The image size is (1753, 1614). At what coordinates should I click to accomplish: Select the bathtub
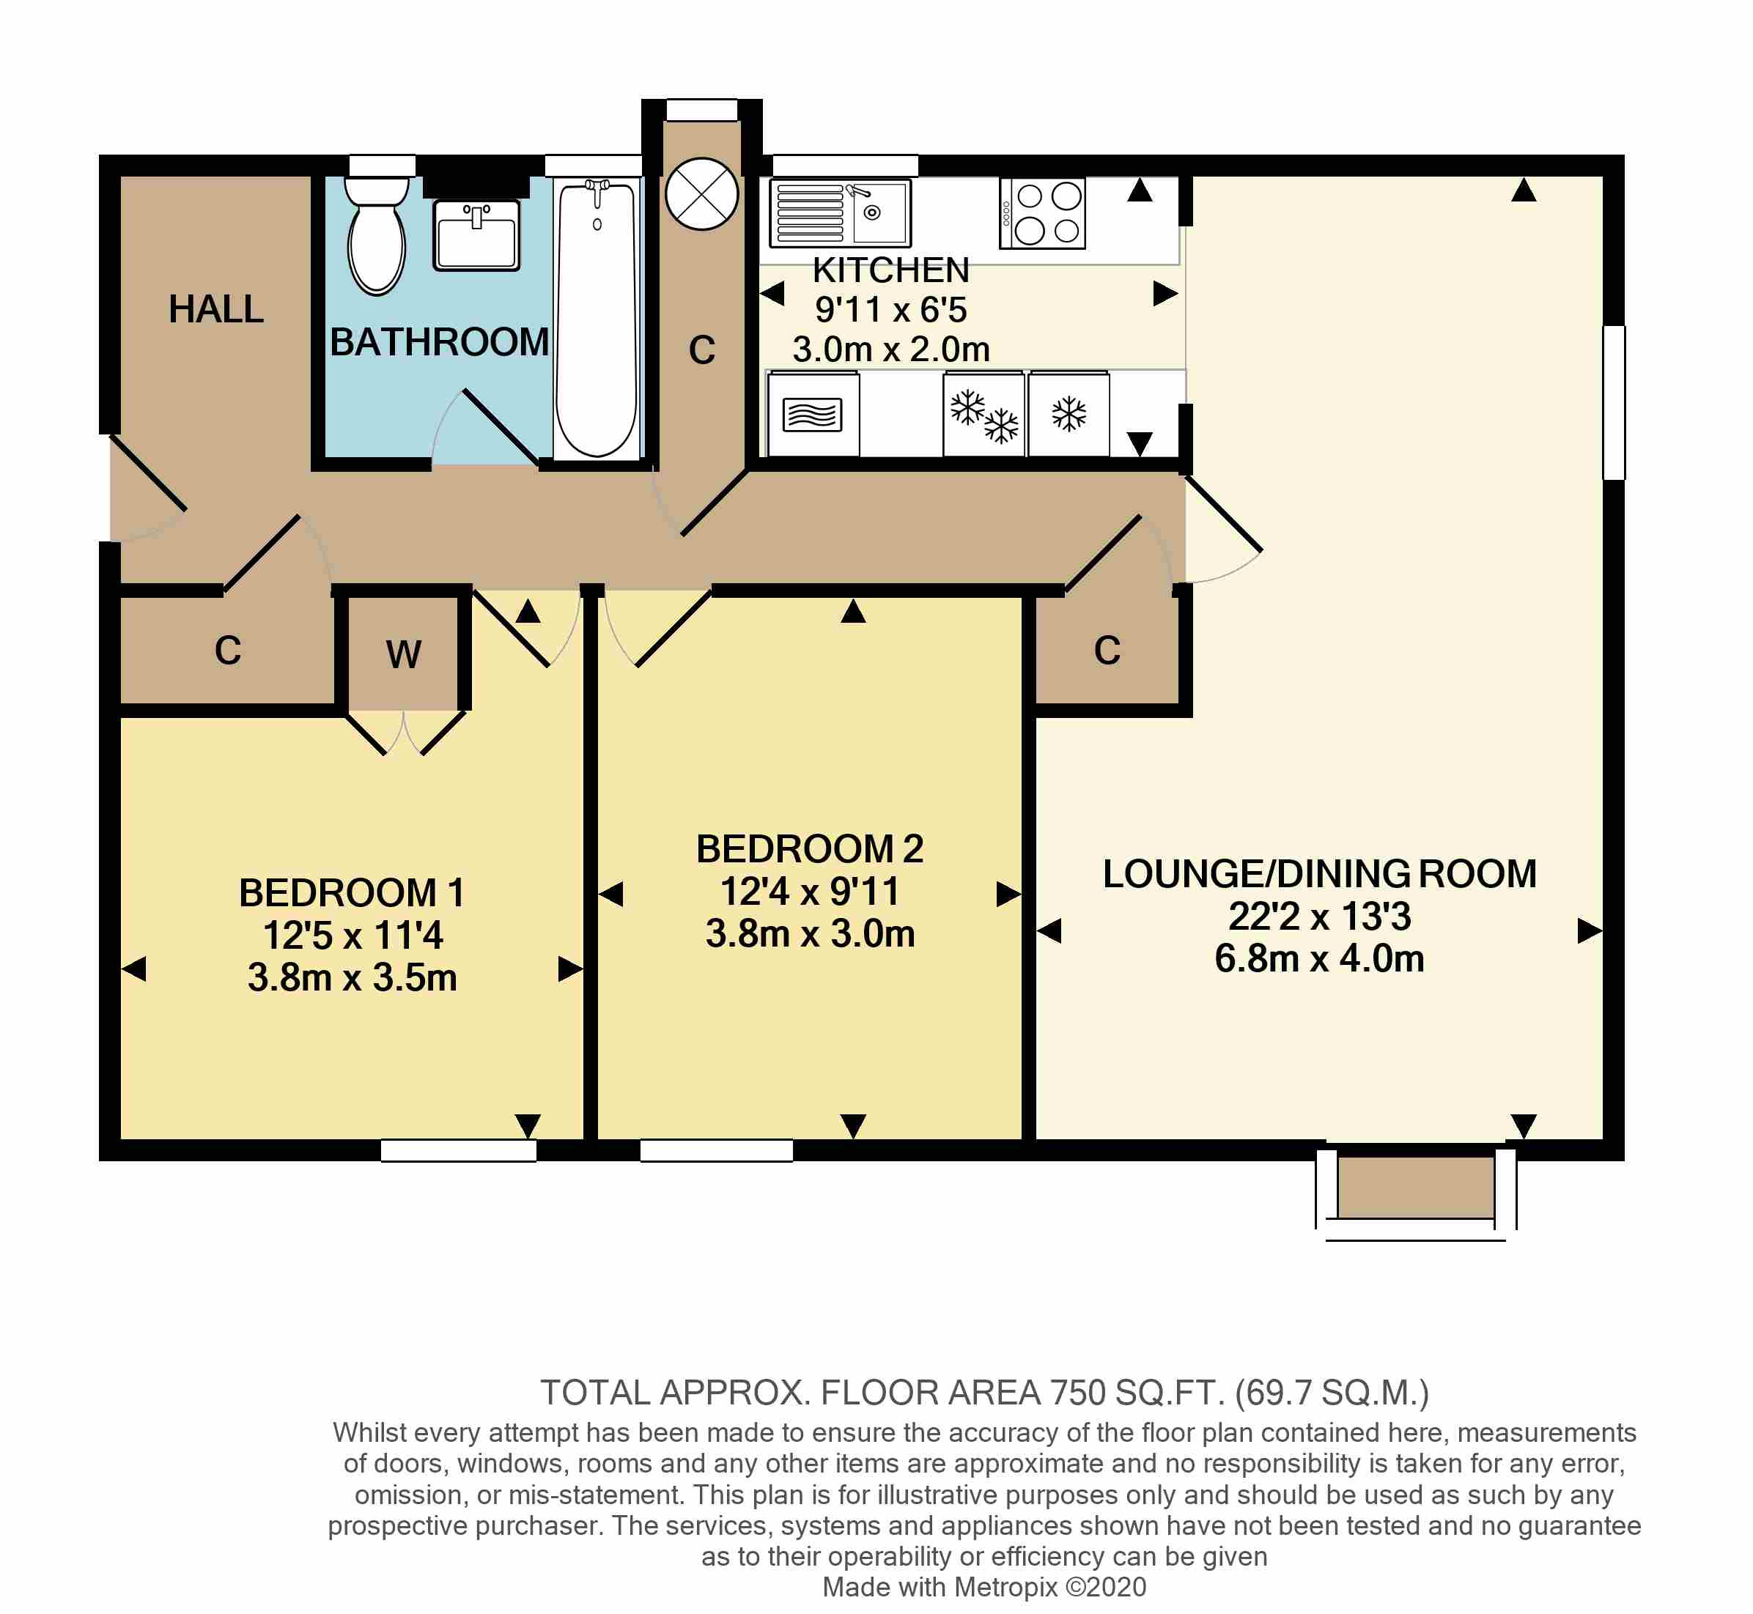click(597, 319)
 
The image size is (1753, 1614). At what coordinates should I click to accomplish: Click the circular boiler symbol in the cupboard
click(701, 194)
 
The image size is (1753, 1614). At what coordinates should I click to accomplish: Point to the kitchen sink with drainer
click(839, 213)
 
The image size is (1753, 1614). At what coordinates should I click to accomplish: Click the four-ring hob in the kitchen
click(1042, 213)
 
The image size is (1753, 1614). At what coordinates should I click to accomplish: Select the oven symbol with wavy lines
click(812, 414)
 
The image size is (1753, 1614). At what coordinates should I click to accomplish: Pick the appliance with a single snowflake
click(1069, 414)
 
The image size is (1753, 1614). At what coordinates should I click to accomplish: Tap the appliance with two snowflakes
click(983, 414)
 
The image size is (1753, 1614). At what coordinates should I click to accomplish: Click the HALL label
click(215, 309)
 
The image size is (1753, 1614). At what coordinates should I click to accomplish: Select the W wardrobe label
click(404, 654)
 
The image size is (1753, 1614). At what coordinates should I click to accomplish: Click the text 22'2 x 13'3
click(1319, 917)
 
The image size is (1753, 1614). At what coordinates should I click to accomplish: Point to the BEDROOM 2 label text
click(809, 849)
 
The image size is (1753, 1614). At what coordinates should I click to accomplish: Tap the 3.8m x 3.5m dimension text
click(352, 977)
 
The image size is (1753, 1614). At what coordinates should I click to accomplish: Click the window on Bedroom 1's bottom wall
click(459, 1151)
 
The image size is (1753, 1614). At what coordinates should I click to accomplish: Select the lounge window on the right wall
click(1613, 403)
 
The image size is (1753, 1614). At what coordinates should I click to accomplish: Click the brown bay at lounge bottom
click(1415, 1187)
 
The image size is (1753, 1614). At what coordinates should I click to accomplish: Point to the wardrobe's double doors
click(405, 732)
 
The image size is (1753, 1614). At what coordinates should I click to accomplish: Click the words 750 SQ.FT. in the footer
click(1137, 1392)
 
